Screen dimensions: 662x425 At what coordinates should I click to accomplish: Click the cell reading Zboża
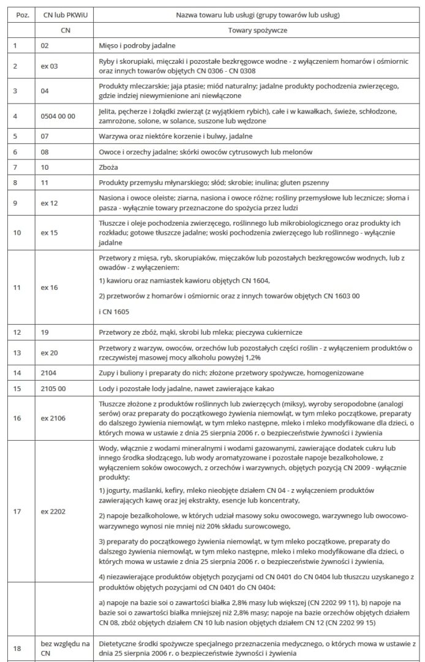(x=110, y=167)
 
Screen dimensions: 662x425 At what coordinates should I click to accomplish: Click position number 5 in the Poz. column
(x=15, y=136)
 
